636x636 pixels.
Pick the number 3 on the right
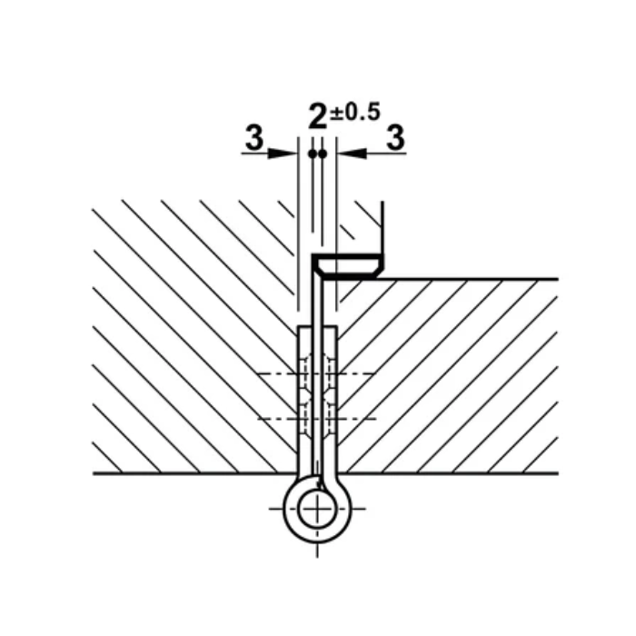click(394, 138)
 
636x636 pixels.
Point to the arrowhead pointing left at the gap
click(348, 154)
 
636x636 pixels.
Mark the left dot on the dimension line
click(312, 154)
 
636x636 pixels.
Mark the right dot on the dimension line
click(322, 154)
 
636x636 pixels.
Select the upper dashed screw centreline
click(273, 373)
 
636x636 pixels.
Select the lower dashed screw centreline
click(273, 418)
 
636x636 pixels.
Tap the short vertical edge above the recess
click(383, 227)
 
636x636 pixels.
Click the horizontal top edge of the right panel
click(472, 279)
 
